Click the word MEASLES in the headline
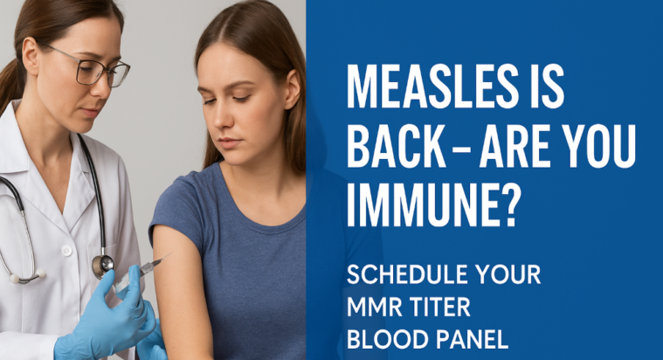[432, 87]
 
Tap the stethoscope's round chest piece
[103, 265]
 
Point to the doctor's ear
[31, 53]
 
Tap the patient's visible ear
[293, 88]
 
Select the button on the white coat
[66, 251]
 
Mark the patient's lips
[228, 142]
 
